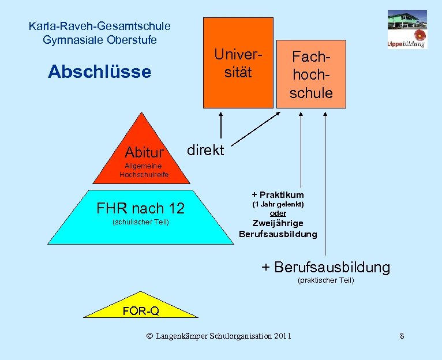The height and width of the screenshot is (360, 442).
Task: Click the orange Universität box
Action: [x=238, y=63]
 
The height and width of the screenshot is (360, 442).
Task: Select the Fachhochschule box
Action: [x=311, y=74]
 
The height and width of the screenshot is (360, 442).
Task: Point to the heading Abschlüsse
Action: [x=99, y=72]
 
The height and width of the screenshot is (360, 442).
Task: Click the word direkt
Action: [x=205, y=151]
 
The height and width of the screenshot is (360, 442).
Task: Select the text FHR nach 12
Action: [x=140, y=208]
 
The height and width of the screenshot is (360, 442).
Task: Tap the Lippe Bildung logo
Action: [x=407, y=29]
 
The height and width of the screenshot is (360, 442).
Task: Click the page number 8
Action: [x=402, y=336]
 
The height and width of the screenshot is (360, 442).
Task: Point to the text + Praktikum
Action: [x=278, y=194]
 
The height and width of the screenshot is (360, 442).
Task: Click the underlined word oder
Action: [x=278, y=213]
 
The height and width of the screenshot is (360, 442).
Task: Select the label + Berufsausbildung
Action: [x=325, y=267]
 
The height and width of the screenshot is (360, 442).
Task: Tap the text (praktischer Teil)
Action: [x=325, y=280]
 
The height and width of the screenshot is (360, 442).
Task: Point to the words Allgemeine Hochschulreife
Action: [x=144, y=170]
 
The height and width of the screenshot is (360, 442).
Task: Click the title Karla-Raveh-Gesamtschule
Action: [x=99, y=26]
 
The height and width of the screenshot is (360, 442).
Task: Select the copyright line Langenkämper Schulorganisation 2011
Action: [x=219, y=336]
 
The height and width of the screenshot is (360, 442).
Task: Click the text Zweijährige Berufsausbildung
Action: [x=278, y=228]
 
